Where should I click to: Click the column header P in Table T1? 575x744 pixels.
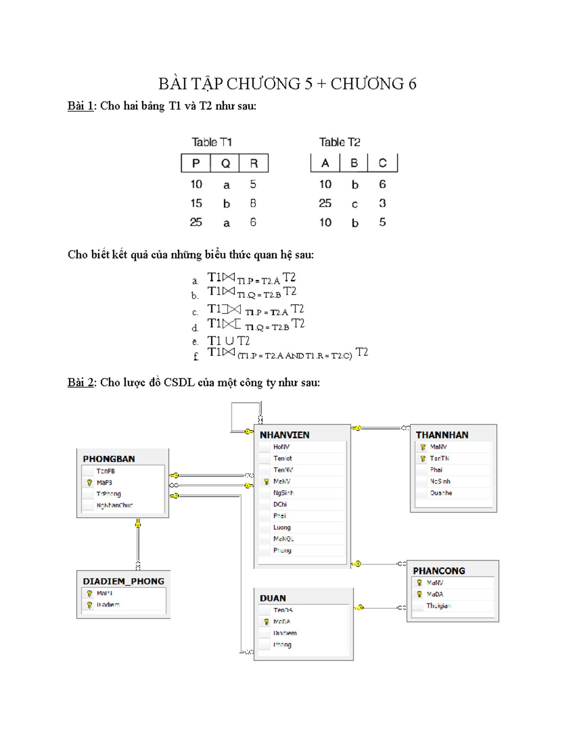tap(195, 163)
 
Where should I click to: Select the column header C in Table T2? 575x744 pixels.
tap(382, 163)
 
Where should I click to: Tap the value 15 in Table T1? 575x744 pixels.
tap(196, 203)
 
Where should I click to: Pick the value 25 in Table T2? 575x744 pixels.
tap(325, 203)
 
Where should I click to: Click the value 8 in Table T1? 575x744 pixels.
tap(253, 203)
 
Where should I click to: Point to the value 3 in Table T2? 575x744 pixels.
tap(382, 203)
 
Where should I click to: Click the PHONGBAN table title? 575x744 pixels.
tap(109, 459)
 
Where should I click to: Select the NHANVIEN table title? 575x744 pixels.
tap(285, 435)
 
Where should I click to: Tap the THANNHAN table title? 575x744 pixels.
tap(442, 435)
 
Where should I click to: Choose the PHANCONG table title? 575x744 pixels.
tap(439, 571)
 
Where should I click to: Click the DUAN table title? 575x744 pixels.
tap(273, 598)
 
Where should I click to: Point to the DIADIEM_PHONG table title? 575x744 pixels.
tap(123, 582)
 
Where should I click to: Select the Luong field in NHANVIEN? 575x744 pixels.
tap(282, 527)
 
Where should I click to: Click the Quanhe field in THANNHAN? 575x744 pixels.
tap(441, 493)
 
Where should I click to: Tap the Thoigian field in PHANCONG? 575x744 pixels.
tap(438, 606)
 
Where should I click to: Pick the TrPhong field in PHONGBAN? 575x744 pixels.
tap(109, 494)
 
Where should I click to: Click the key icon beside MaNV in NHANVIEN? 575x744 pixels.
tap(266, 481)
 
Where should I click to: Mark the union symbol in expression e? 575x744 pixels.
tap(229, 341)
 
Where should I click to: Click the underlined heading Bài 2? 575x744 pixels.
tap(80, 382)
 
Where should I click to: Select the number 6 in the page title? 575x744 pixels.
tap(412, 84)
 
